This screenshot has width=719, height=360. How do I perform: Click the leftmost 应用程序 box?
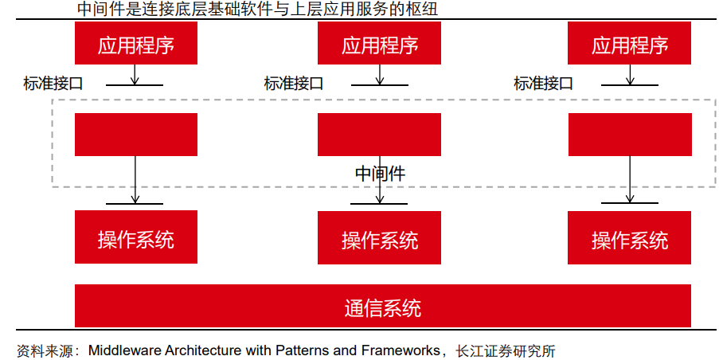(x=136, y=44)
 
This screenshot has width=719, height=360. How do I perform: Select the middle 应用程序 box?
(x=379, y=44)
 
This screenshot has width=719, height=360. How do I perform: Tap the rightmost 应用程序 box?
(x=629, y=44)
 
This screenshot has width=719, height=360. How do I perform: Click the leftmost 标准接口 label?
(x=53, y=82)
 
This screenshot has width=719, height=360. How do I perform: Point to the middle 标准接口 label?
(x=293, y=82)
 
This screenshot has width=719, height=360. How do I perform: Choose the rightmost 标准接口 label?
(x=543, y=82)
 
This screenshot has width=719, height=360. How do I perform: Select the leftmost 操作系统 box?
(x=136, y=237)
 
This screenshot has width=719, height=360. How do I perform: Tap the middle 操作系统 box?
(x=379, y=237)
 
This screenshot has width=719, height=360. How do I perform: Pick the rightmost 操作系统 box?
(x=629, y=237)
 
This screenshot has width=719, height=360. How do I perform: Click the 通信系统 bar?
(x=383, y=306)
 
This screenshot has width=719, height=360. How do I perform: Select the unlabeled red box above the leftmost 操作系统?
(x=136, y=134)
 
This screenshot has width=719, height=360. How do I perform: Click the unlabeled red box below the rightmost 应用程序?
(x=629, y=134)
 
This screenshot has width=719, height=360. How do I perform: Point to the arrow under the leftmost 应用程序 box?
(x=135, y=74)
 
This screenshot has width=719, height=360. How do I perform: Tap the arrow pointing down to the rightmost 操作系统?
(x=630, y=179)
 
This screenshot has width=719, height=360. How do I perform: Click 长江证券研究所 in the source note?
(x=504, y=350)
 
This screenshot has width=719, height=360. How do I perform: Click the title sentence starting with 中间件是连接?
(x=257, y=10)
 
